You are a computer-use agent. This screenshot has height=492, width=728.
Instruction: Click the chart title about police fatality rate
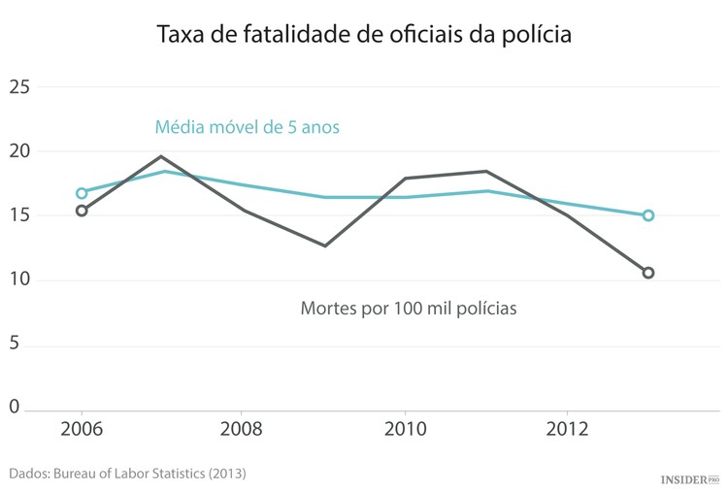pyautogui.click(x=364, y=35)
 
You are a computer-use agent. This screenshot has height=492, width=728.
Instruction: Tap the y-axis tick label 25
pyautogui.click(x=19, y=87)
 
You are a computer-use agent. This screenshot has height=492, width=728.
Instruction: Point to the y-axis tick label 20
pyautogui.click(x=19, y=151)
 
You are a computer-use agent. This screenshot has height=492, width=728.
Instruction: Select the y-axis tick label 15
pyautogui.click(x=19, y=215)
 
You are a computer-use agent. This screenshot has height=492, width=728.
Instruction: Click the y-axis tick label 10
pyautogui.click(x=19, y=280)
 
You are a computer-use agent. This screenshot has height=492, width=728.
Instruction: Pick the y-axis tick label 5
pyautogui.click(x=14, y=344)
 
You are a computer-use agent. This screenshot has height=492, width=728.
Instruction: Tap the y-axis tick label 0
pyautogui.click(x=14, y=408)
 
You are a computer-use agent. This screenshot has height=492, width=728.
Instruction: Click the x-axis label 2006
pyautogui.click(x=82, y=429)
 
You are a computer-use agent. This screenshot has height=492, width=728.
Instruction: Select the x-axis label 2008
pyautogui.click(x=243, y=429)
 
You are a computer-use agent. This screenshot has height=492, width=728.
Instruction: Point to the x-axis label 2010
pyautogui.click(x=405, y=429)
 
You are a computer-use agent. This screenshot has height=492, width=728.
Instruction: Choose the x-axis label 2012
pyautogui.click(x=567, y=429)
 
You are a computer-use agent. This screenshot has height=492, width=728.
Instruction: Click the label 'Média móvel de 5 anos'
pyautogui.click(x=247, y=127)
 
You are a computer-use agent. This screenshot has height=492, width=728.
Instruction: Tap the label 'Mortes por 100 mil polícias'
pyautogui.click(x=408, y=309)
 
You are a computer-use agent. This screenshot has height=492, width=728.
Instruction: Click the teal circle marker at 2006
pyautogui.click(x=82, y=193)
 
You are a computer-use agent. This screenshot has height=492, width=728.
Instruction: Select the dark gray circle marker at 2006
pyautogui.click(x=82, y=211)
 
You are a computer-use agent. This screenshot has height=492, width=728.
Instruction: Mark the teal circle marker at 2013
pyautogui.click(x=648, y=215)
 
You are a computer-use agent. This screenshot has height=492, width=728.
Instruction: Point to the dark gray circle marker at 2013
pyautogui.click(x=648, y=273)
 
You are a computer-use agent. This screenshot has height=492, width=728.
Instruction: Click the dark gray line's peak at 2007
pyautogui.click(x=162, y=156)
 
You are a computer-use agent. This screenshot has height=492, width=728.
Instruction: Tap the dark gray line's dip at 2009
pyautogui.click(x=324, y=246)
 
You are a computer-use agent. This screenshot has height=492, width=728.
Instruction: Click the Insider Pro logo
pyautogui.click(x=689, y=479)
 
